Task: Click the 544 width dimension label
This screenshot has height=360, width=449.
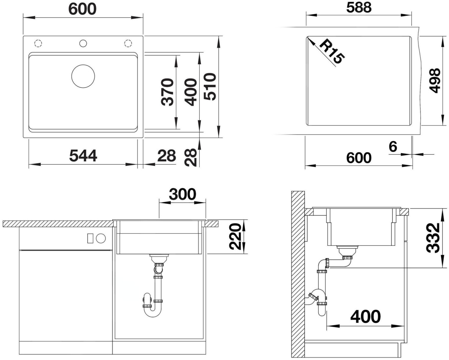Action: pos(83,156)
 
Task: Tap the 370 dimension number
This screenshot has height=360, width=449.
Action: pos(168,92)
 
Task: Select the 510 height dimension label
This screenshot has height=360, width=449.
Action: pos(210,86)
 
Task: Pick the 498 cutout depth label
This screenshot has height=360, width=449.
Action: pos(435,80)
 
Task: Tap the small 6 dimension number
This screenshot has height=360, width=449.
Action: pos(393,147)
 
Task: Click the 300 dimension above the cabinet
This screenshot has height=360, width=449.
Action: pos(182,194)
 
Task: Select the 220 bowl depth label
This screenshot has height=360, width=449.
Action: pos(235,237)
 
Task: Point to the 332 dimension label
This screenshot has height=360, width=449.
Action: pos(433,238)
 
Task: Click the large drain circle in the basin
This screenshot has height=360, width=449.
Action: pos(83,76)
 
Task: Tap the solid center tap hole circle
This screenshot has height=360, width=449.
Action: pos(83,43)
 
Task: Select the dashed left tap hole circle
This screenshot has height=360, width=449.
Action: pos(38,43)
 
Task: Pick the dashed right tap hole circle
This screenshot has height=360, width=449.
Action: pos(128,43)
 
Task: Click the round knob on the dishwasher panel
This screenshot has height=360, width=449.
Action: pos(101,238)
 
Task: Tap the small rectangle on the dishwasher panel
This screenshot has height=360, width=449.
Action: pos(90,238)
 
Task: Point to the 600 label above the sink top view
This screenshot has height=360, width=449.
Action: pos(82,9)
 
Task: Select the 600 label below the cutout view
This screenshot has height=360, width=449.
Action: pos(359,158)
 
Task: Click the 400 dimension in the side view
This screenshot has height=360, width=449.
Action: pos(365,317)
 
